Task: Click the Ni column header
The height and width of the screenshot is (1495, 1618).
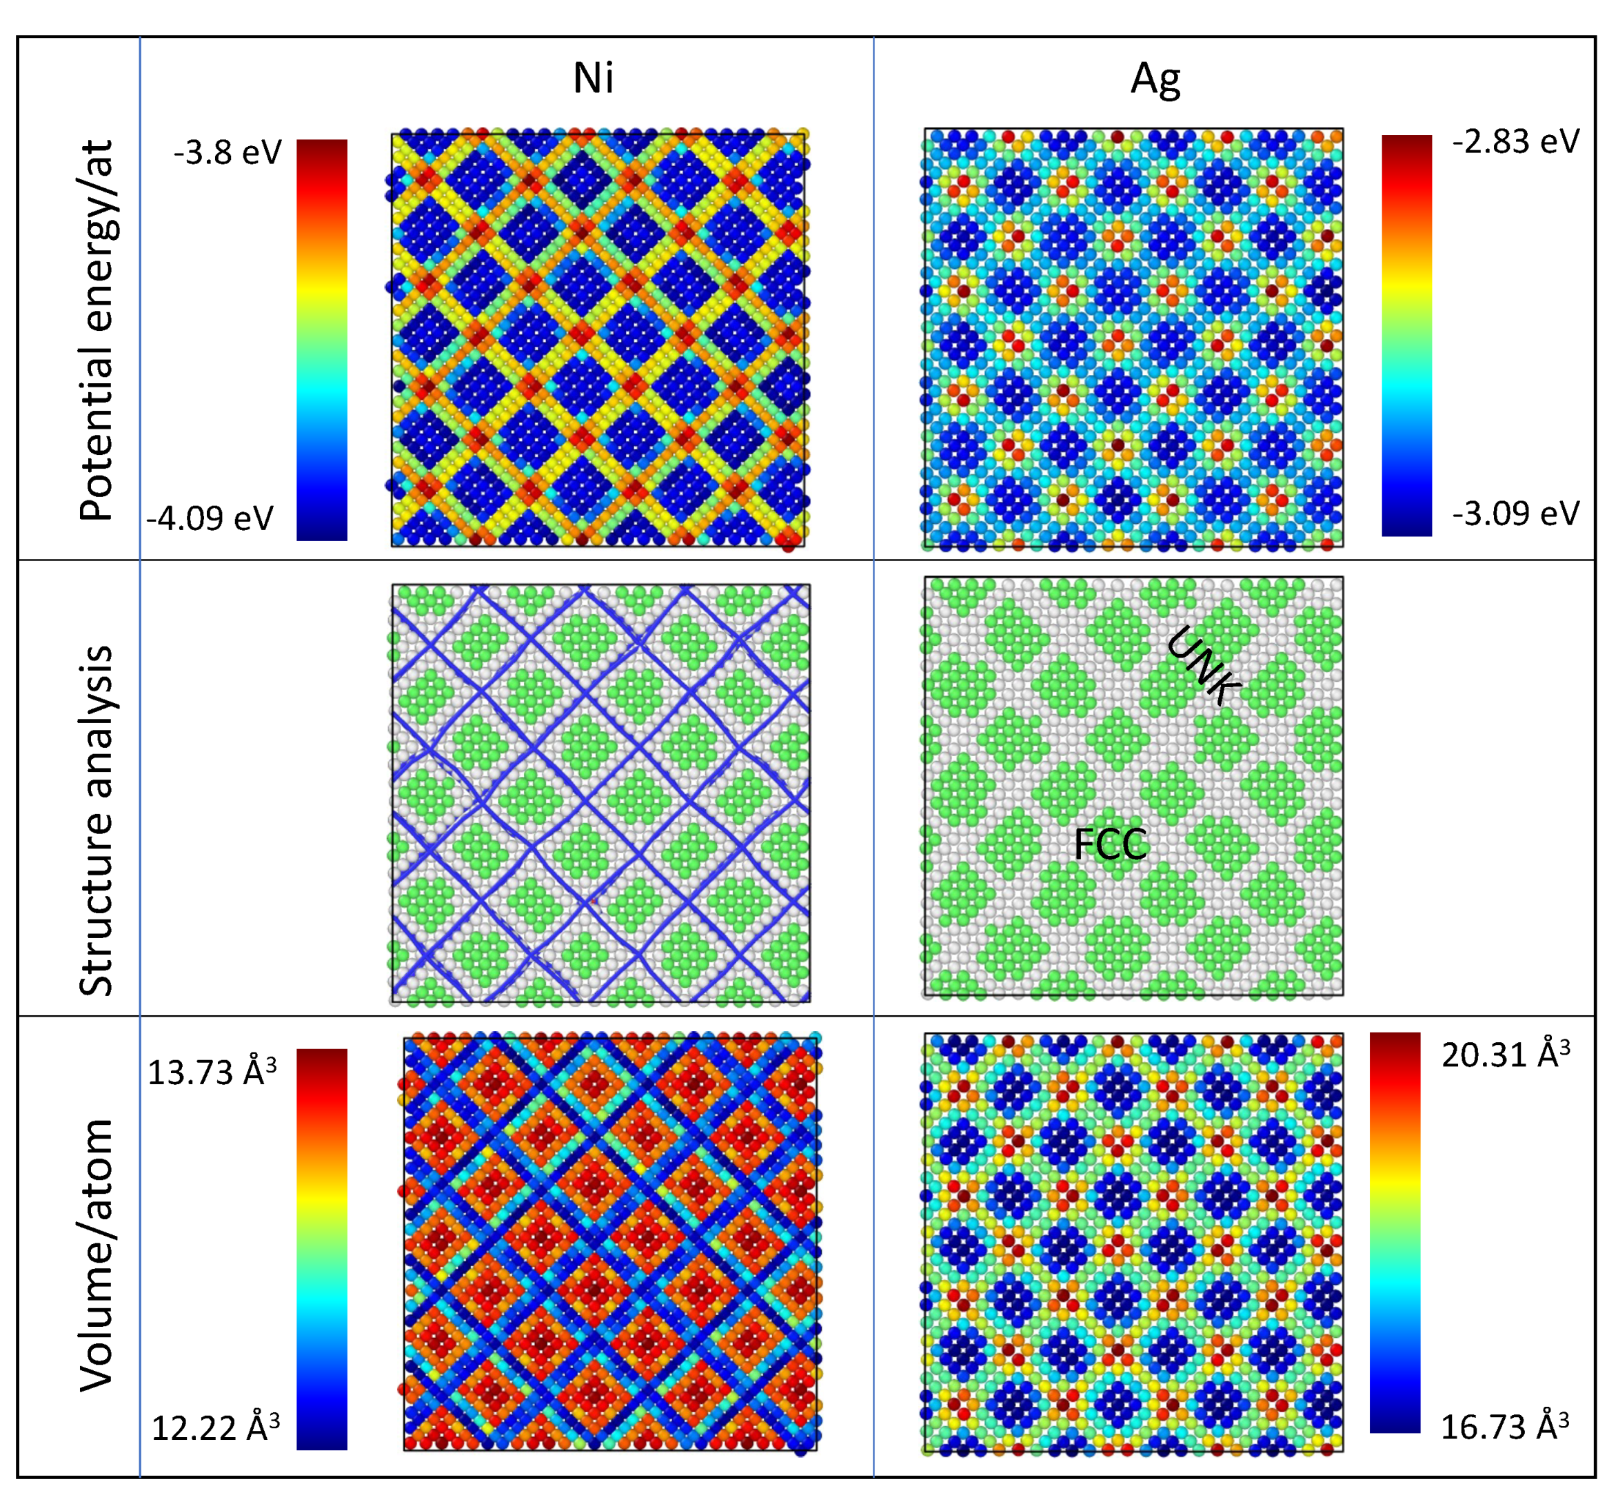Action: point(593,79)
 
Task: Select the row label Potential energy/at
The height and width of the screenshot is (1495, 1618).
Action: point(97,330)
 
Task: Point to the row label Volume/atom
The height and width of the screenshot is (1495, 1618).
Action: point(97,1254)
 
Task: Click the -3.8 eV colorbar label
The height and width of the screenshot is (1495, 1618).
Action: point(227,152)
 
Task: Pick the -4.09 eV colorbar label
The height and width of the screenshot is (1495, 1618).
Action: point(210,518)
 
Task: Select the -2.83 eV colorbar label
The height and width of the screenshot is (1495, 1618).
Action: point(1515,141)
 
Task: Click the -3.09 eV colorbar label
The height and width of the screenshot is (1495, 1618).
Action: point(1515,513)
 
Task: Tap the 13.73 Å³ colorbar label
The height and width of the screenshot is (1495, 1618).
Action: point(212,1072)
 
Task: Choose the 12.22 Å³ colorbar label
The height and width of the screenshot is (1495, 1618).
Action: point(215,1428)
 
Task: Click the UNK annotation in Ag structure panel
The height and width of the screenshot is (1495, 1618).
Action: point(1202,665)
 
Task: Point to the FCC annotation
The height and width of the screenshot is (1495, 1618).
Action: point(1110,844)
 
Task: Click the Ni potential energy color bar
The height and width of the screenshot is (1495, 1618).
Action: point(322,340)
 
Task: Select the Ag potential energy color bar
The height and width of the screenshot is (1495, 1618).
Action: point(1406,335)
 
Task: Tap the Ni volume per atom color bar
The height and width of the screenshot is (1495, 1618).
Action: point(322,1249)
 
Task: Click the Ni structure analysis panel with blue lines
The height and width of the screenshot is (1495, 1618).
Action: point(600,793)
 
